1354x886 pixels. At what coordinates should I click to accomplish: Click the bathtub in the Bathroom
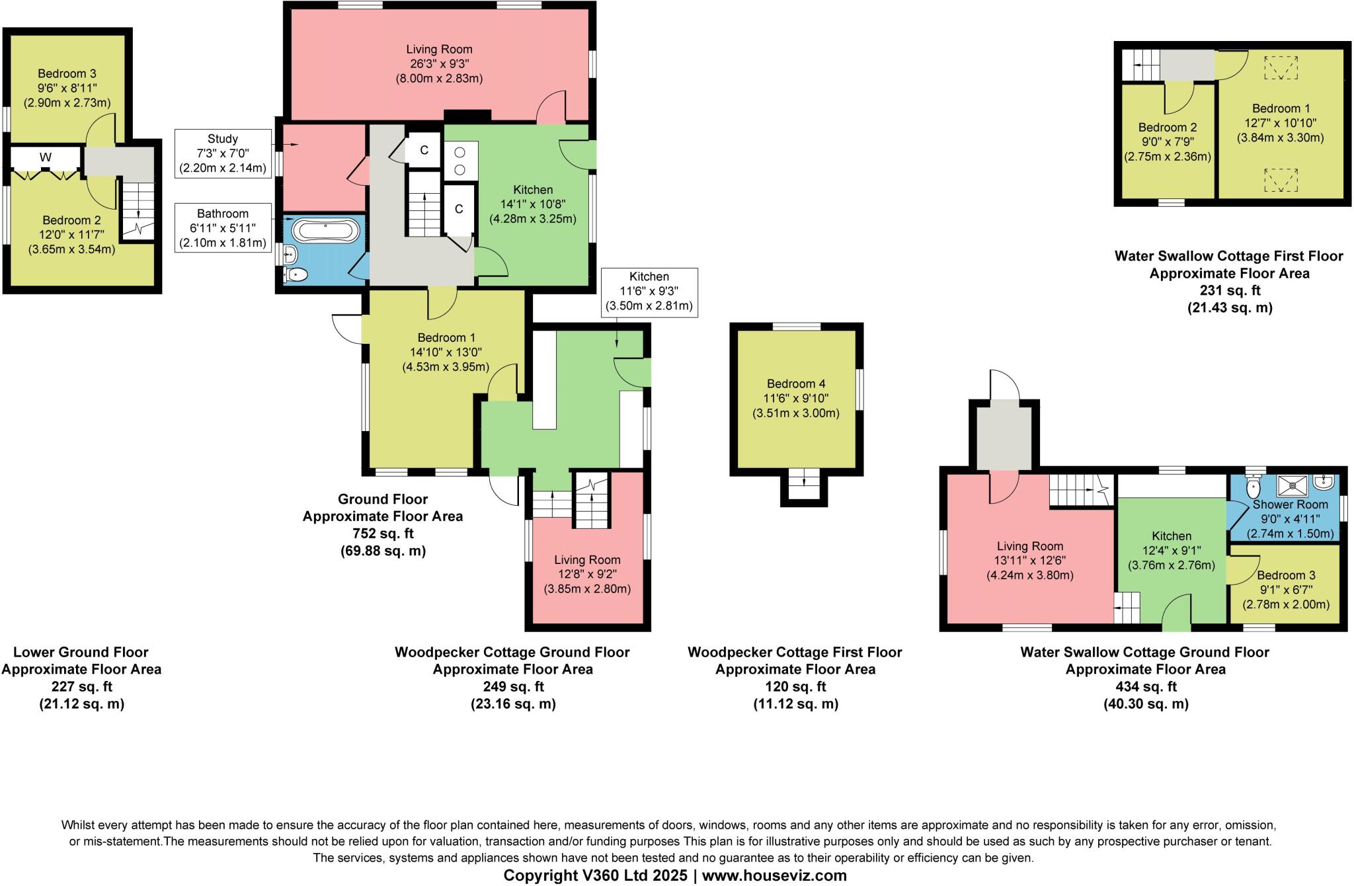coord(326,231)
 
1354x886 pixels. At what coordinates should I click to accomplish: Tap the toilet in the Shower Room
coord(1253,488)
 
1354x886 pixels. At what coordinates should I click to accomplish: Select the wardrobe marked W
coord(46,157)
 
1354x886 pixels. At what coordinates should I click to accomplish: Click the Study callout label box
coord(223,153)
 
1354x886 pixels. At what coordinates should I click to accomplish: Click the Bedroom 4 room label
coord(796,383)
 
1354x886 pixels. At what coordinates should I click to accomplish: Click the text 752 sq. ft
coord(382,534)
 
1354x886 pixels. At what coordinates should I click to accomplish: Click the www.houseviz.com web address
coord(774,875)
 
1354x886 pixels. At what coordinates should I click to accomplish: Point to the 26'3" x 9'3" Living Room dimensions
coord(439,64)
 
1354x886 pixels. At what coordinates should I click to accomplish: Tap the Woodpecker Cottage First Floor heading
coord(795,653)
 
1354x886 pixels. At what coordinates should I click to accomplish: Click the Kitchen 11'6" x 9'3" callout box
coord(649,291)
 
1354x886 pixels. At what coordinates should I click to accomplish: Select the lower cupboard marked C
coord(459,209)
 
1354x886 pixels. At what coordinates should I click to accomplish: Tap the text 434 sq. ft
coord(1146,686)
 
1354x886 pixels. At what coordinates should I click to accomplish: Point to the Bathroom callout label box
coord(223,228)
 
